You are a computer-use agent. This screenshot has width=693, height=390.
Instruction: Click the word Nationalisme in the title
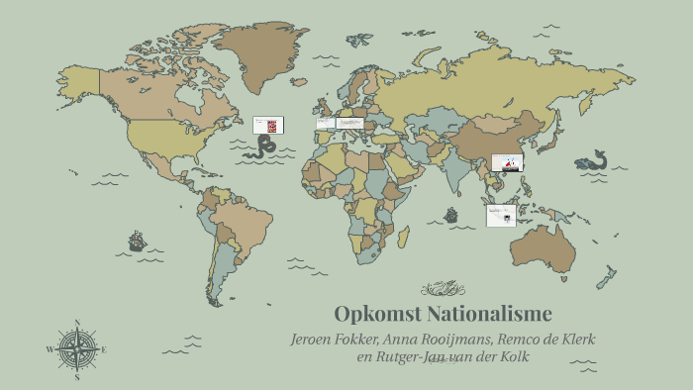489,315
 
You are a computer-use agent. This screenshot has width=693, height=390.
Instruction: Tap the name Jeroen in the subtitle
315,339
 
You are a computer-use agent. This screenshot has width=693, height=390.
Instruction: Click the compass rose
77,349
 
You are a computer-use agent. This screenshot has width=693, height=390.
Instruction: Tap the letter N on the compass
77,323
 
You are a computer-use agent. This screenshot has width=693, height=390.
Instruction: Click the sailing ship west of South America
137,241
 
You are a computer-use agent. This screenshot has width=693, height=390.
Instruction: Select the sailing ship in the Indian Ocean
451,215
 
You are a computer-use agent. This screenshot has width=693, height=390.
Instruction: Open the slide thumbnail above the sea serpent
268,125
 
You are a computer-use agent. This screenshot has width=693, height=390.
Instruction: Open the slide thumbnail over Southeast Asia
507,162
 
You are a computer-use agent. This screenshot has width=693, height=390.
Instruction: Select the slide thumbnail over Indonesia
500,215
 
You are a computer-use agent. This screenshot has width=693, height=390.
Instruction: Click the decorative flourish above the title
443,289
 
